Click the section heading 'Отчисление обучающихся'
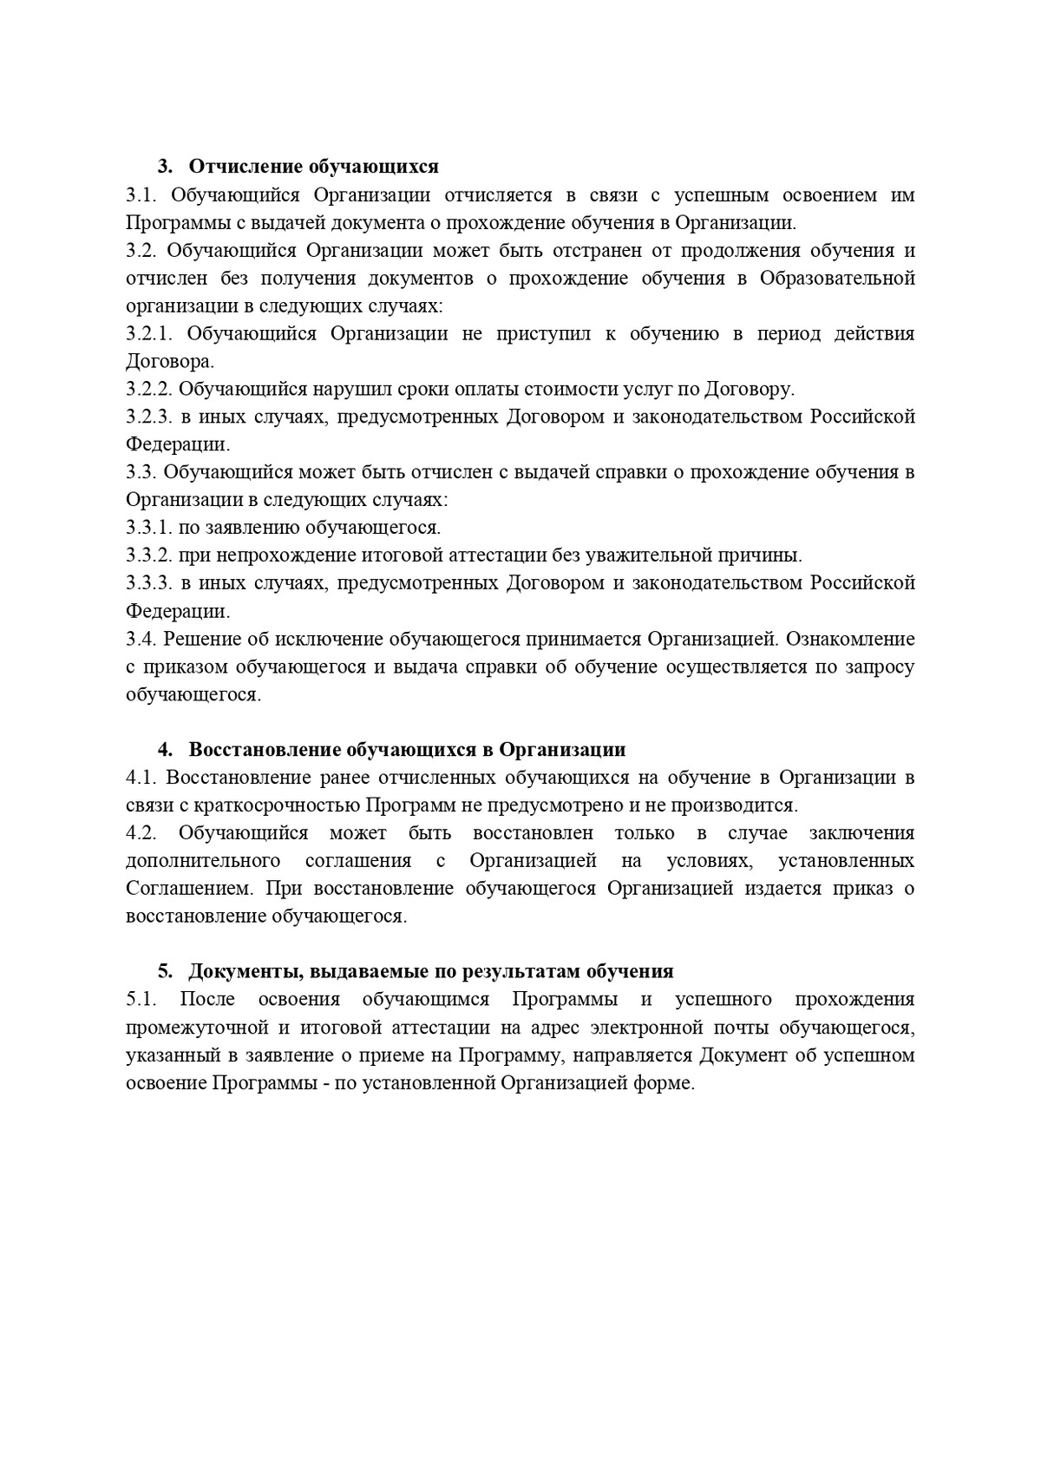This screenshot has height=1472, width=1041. (313, 167)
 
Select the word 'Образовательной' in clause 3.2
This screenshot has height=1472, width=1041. (837, 279)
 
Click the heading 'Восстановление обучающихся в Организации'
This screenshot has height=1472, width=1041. (407, 750)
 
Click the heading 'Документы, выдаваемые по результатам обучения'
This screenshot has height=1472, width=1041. (431, 972)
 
